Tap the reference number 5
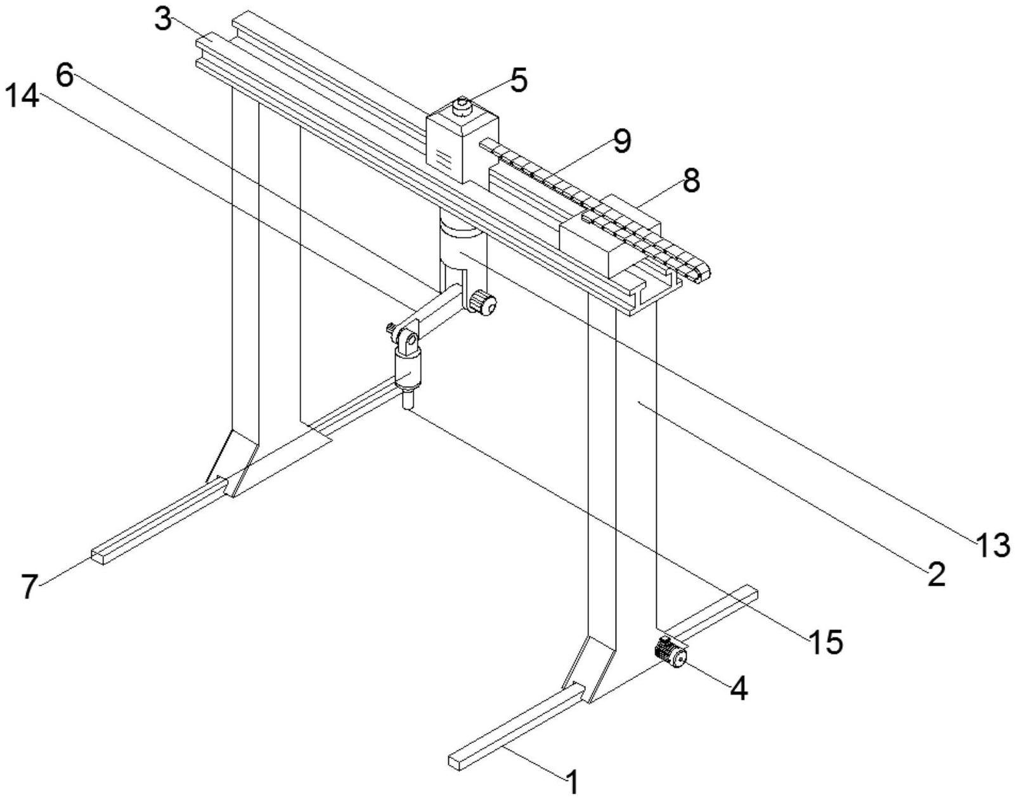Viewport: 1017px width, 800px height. click(x=518, y=81)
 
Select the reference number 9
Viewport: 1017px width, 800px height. click(x=622, y=141)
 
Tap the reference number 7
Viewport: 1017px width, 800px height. click(x=29, y=587)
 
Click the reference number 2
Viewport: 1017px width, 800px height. click(x=934, y=574)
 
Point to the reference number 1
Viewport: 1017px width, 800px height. click(x=572, y=783)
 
